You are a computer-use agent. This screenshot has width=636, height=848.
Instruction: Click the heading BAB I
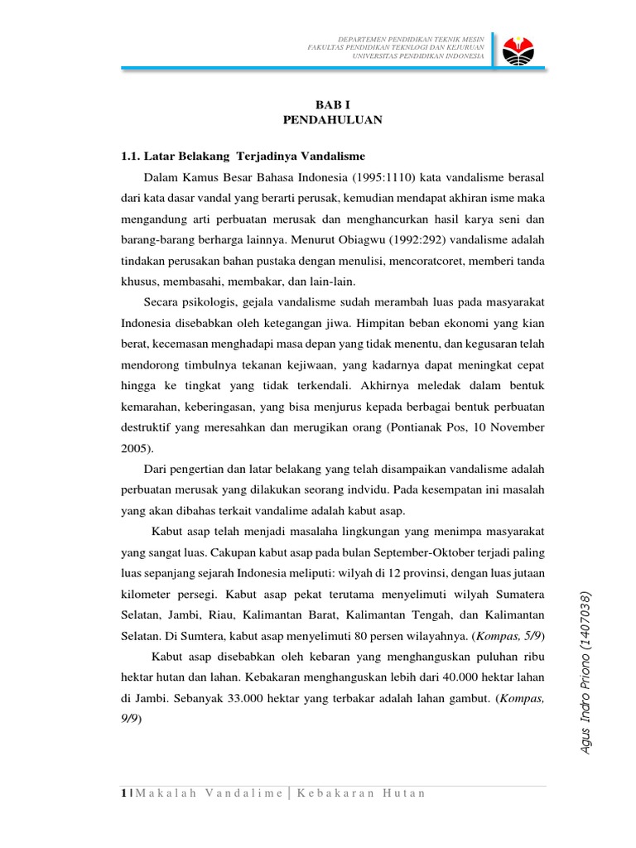[x=333, y=105]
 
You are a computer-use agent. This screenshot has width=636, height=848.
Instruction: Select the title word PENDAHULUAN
[x=333, y=120]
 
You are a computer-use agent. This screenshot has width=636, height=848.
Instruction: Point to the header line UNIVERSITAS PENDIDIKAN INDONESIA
[x=418, y=57]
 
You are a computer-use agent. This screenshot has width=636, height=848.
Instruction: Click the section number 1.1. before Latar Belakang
[x=134, y=156]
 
